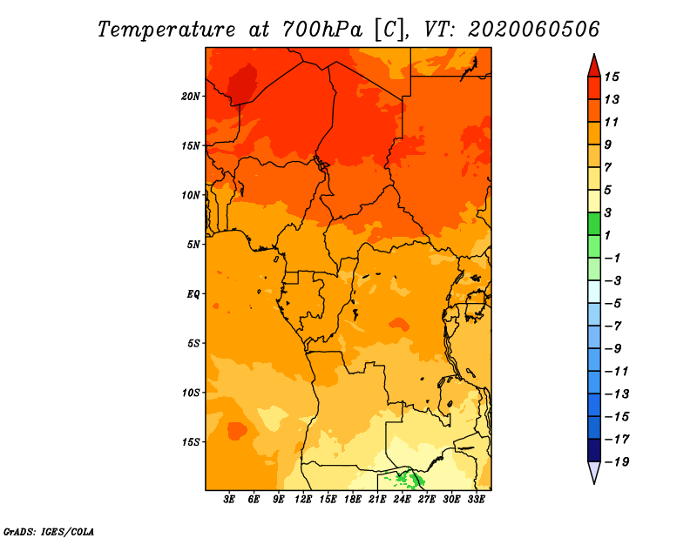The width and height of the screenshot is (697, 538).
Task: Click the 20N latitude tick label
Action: pos(190,97)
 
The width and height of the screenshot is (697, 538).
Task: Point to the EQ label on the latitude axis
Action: pos(193,294)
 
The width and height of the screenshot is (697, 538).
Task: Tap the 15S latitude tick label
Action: pos(191,442)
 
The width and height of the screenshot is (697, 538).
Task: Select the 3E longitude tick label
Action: pos(229,499)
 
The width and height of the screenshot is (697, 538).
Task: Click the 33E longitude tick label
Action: pos(476,499)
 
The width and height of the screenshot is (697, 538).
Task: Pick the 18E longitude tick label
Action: pos(353,499)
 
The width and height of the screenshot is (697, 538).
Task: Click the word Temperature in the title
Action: pos(166,30)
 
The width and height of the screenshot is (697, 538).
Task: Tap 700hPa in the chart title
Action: pos(322,30)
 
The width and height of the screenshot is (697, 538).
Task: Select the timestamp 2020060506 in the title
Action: pos(533,30)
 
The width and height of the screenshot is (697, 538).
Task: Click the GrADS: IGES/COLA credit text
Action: pos(49,532)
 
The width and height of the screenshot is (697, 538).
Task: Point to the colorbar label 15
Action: pos(612,77)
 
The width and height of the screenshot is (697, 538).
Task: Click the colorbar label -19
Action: pos(617,462)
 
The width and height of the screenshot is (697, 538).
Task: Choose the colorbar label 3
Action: pos(608,212)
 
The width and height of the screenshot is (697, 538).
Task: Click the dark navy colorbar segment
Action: pos(594,450)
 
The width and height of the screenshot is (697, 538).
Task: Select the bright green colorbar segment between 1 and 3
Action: pos(594,224)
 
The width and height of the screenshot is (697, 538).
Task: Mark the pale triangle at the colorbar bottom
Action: pos(594,472)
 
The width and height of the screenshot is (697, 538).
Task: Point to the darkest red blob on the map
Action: pos(242,84)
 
